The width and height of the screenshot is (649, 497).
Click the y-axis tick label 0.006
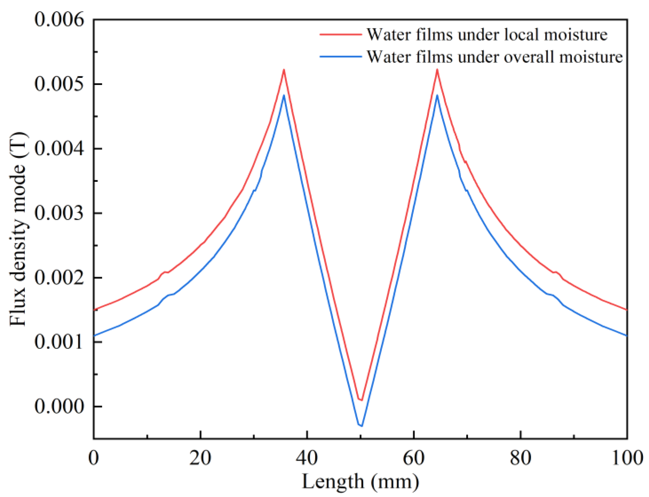coord(59,20)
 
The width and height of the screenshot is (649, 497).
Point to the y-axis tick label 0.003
coord(59,213)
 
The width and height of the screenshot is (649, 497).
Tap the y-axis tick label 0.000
coord(59,406)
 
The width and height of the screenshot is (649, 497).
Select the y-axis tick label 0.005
coord(59,84)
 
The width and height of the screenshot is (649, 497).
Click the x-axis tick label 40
coord(307,458)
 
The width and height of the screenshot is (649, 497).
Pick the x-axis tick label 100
coord(627,458)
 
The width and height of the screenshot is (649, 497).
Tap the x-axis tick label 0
coord(93,458)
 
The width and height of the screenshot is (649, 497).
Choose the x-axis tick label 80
coord(520,458)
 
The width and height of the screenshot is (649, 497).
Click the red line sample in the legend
coord(340,35)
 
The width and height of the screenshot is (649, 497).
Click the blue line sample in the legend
coord(340,57)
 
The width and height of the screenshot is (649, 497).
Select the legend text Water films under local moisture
coord(487,35)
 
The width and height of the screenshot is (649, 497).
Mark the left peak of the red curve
coord(284,70)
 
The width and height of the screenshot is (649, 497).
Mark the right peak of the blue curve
coord(437,95)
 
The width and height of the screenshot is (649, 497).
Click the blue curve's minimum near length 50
coord(361,426)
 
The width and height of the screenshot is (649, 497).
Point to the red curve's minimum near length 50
coord(361,400)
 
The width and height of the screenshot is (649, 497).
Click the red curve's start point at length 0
coord(94,310)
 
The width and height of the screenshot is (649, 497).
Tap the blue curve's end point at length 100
coord(627,335)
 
